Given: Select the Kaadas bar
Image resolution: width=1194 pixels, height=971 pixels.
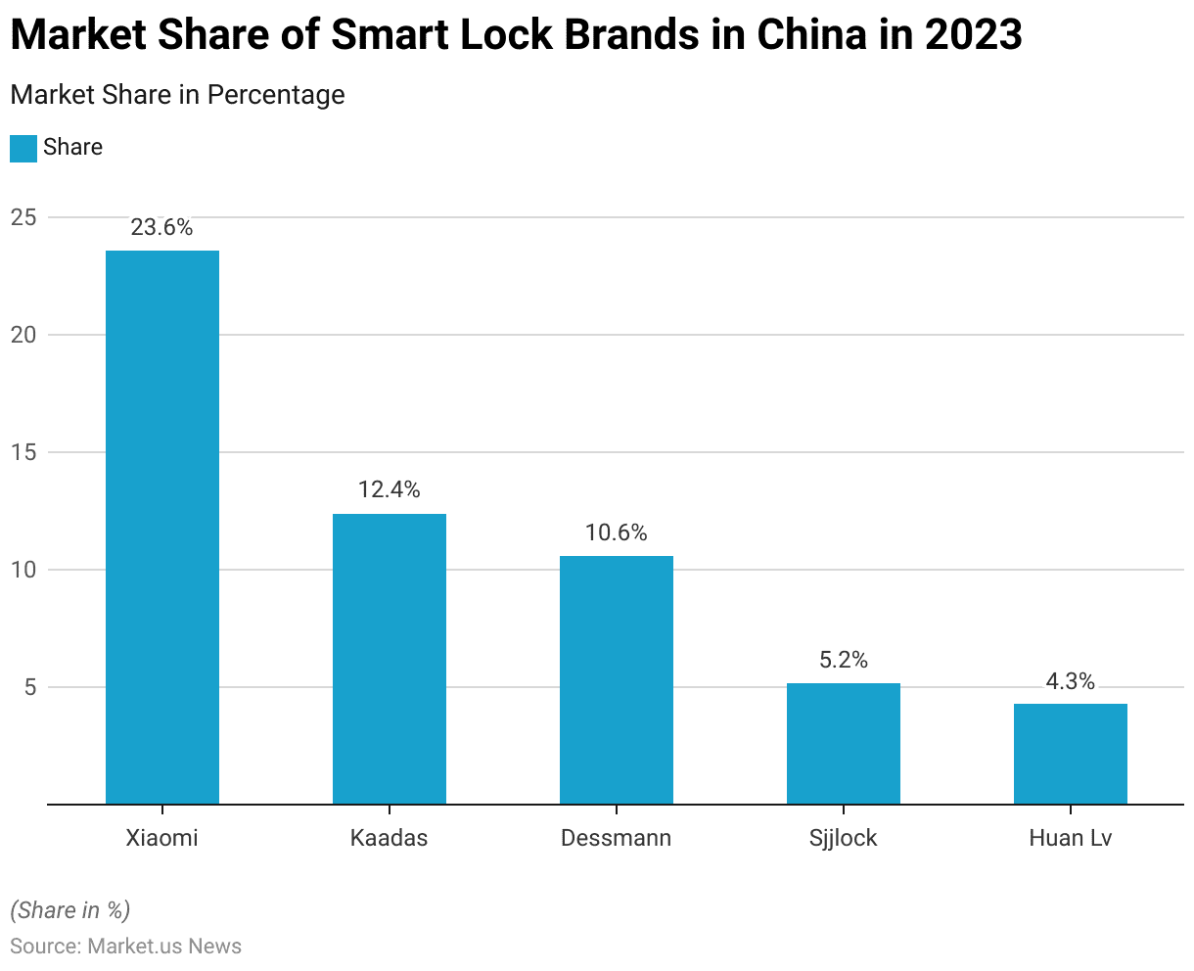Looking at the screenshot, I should (390, 658).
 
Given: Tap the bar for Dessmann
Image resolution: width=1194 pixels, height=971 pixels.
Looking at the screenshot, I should (617, 679).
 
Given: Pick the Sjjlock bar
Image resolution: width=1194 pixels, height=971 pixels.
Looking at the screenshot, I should (844, 743).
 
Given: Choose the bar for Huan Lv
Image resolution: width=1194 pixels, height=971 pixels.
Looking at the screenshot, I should (1071, 754).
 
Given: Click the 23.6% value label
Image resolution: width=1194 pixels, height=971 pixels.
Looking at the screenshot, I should (162, 228).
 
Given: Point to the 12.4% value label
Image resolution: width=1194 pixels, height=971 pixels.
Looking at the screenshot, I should (390, 489).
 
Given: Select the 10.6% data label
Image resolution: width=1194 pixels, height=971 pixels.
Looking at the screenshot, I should (617, 532).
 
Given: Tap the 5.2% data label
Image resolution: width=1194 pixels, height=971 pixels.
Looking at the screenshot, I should (844, 660).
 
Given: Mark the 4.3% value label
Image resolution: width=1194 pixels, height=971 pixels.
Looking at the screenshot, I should (1071, 681).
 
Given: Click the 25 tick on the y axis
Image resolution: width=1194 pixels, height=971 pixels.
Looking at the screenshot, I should (23, 217).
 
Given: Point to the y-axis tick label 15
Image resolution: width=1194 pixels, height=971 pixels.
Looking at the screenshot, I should (23, 452).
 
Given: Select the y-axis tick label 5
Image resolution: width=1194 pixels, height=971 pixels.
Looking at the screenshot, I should (29, 687).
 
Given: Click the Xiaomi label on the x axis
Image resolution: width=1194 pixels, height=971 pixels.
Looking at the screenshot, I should (162, 838).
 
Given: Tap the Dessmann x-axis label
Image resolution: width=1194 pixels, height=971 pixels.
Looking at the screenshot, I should (617, 838).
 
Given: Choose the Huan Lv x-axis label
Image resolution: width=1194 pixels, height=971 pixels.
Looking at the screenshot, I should (1071, 838).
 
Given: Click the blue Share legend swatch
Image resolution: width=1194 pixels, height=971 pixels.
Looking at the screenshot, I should (23, 148).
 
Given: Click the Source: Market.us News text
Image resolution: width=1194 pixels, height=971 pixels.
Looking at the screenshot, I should (126, 946).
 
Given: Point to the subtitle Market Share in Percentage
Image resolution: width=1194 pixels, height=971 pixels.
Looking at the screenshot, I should (177, 95).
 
